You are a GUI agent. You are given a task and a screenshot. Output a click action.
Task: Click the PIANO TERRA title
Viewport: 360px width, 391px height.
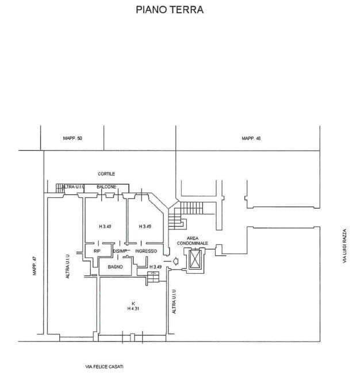click(x=170, y=10)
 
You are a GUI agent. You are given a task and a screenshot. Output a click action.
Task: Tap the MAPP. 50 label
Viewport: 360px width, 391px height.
click(x=72, y=138)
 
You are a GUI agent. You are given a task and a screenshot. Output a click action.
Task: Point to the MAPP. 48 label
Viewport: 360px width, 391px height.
click(x=251, y=138)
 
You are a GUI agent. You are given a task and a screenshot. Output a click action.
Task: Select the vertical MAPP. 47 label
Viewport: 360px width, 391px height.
click(x=35, y=266)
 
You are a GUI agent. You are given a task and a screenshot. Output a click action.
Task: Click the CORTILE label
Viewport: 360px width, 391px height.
click(x=106, y=174)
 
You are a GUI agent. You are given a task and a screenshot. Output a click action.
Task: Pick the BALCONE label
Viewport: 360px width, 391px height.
click(x=106, y=187)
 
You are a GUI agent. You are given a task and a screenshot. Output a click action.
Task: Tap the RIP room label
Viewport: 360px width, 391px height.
click(x=97, y=251)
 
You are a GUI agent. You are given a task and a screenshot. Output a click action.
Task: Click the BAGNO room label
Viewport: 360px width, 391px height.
click(x=115, y=267)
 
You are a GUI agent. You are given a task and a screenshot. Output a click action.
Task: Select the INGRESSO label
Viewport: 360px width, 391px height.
click(x=146, y=251)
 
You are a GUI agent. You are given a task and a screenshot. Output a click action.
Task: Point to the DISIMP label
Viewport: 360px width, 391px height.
click(x=120, y=251)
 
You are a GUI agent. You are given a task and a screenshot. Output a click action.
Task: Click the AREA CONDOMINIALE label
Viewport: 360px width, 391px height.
click(x=192, y=240)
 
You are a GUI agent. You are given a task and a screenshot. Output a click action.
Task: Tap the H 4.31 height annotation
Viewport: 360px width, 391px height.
click(x=133, y=308)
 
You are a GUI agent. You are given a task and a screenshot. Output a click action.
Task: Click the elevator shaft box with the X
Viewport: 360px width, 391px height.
click(x=196, y=259)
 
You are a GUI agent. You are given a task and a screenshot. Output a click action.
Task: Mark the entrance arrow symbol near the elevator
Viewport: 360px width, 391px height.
click(x=175, y=261)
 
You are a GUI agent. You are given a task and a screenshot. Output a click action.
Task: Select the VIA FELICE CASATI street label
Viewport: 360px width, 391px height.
click(x=104, y=367)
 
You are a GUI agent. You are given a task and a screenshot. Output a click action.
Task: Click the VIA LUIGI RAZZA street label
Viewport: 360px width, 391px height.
click(x=344, y=246)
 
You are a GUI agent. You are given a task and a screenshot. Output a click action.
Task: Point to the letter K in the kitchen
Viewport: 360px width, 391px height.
click(x=133, y=304)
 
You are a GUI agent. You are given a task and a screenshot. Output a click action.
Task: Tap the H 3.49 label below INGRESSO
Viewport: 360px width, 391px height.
click(x=155, y=267)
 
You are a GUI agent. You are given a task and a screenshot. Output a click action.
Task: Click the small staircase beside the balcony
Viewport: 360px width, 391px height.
click(x=60, y=188)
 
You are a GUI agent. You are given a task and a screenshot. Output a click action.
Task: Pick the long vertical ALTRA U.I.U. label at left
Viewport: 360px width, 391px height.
click(x=67, y=266)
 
